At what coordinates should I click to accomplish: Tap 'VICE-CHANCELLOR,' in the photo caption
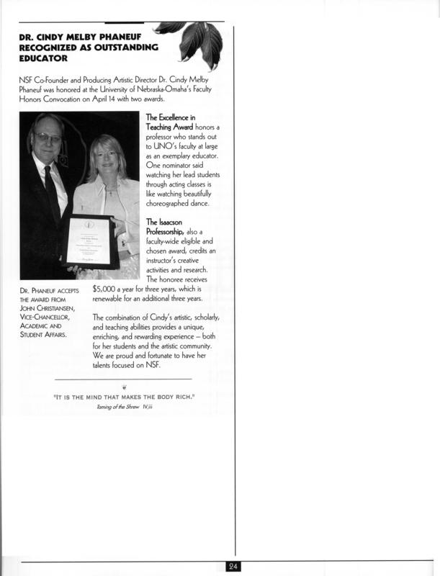(49, 322)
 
